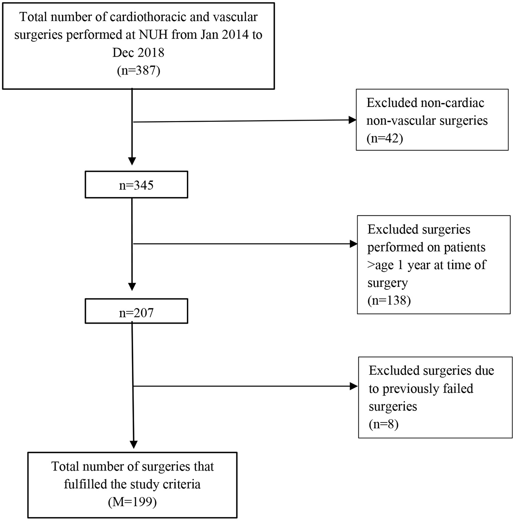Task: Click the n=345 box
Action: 136,185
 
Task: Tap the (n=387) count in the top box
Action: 138,70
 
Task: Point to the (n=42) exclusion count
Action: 385,139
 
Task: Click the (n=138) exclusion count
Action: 389,301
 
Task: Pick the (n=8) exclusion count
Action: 383,424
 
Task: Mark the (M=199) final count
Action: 132,502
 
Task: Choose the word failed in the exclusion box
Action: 455,389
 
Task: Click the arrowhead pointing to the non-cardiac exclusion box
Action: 352,120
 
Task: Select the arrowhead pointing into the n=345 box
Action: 132,161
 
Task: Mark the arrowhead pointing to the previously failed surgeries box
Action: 354,386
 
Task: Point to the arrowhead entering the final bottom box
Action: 134,444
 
